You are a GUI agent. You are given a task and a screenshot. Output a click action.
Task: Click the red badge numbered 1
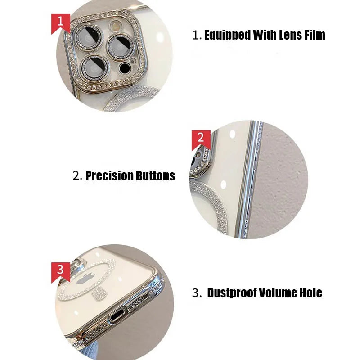[60, 22]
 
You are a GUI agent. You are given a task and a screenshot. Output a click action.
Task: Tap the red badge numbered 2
[201, 139]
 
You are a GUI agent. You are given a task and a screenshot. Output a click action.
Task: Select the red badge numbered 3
[60, 271]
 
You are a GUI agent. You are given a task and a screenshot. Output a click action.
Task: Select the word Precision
[109, 176]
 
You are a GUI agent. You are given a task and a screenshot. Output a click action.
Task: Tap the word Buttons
[155, 176]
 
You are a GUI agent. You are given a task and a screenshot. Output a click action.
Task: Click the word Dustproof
[232, 293]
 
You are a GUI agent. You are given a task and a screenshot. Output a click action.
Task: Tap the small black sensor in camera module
[125, 68]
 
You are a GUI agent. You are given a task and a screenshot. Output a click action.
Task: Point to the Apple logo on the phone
[87, 278]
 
